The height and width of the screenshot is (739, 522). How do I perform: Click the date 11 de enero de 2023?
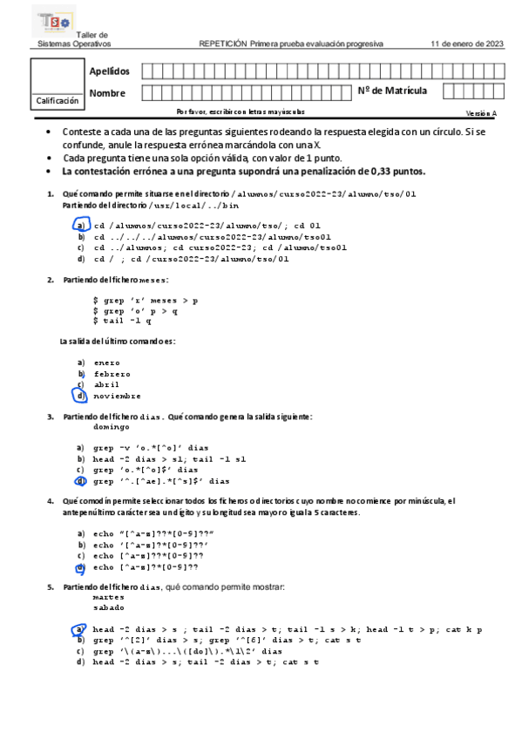click(467, 44)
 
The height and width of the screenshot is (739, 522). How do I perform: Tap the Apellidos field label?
click(110, 71)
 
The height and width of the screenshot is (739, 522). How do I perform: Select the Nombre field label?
click(107, 92)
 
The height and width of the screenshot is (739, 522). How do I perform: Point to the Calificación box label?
click(57, 101)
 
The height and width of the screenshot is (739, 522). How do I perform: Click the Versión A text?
click(482, 113)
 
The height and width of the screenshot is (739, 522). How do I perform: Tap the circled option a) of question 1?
click(80, 224)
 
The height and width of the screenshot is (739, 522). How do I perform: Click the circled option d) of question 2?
click(80, 396)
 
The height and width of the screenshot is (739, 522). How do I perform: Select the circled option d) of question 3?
click(80, 480)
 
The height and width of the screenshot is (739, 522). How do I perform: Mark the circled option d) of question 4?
click(80, 567)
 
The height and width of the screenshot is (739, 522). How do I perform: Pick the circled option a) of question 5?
click(80, 629)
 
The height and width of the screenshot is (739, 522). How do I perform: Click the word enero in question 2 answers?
click(107, 363)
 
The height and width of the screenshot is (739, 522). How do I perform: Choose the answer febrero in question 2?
click(112, 374)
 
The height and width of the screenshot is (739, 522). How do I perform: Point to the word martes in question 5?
click(108, 598)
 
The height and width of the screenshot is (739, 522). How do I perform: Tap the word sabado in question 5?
click(108, 608)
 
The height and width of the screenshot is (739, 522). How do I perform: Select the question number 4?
click(50, 502)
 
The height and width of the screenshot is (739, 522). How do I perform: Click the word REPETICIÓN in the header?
click(223, 44)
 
